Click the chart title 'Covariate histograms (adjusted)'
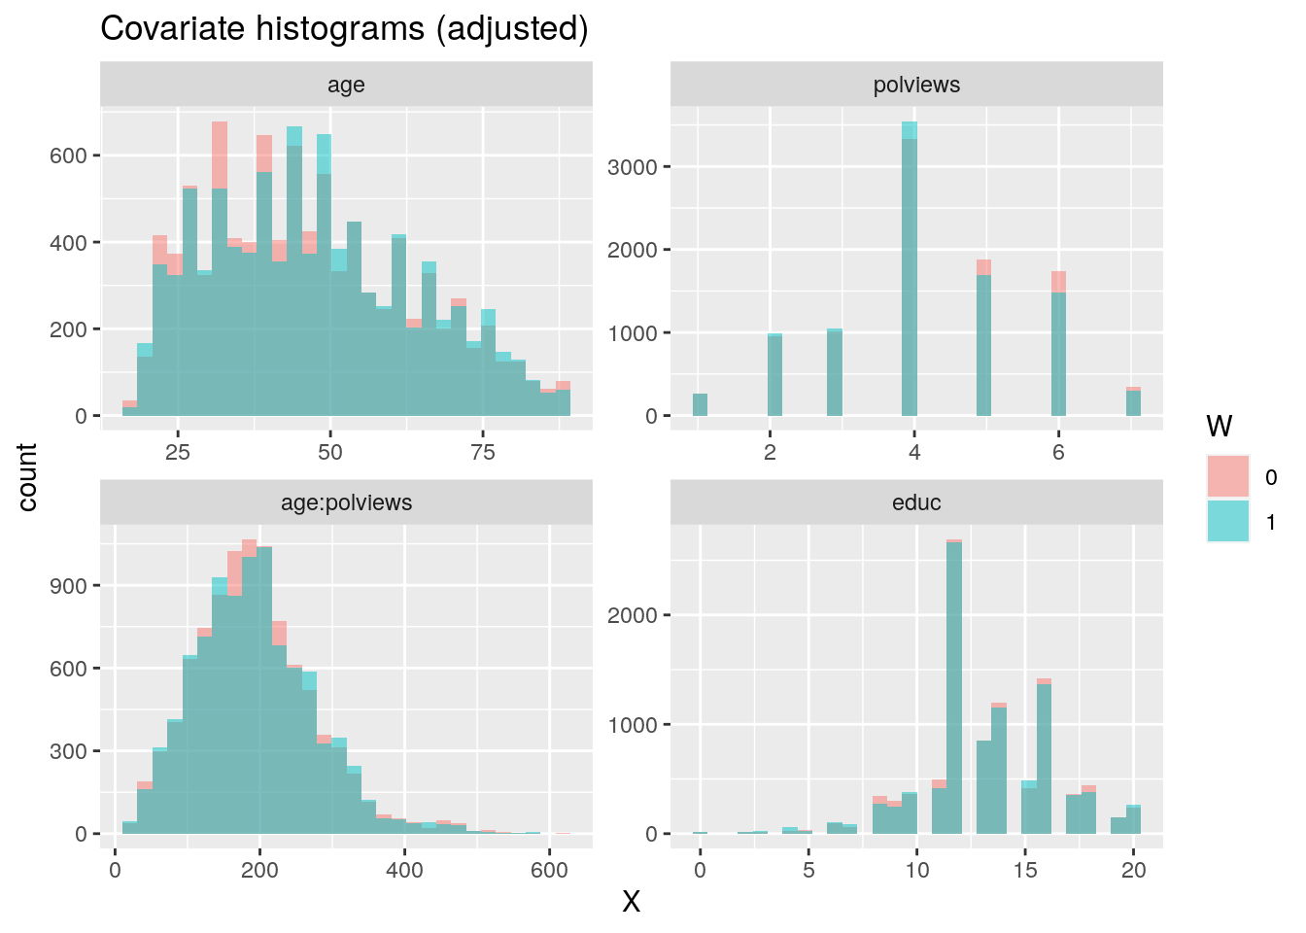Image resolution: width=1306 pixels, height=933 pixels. pos(344,29)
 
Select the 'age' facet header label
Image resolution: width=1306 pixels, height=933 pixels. pos(346,85)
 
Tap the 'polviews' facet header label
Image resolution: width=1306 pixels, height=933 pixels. pos(916,85)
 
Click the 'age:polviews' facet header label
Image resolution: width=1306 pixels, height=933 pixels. pos(346,502)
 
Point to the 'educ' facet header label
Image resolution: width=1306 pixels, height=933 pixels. pos(916,502)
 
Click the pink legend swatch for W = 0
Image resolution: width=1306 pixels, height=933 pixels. pos(1228,476)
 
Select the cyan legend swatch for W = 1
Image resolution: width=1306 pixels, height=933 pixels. pos(1228,521)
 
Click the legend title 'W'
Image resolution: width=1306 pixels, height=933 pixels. pos(1219,426)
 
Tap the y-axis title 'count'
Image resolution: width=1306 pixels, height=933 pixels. pos(27,477)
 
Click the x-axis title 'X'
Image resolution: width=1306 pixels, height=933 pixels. pos(631,903)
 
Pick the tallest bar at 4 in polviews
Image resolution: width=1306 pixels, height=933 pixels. pos(910,282)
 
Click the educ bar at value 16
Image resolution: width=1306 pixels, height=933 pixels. pos(1044,758)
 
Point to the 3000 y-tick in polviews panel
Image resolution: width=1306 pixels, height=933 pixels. pos(632,167)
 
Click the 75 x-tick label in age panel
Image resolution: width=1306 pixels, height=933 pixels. pos(482,452)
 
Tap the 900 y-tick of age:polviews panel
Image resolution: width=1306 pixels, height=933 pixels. pos(75,586)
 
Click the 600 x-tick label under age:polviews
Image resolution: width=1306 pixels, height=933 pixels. pos(549,870)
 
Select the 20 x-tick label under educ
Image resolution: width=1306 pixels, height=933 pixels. pos(1133,870)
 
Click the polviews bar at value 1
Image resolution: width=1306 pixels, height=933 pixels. pos(700,404)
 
